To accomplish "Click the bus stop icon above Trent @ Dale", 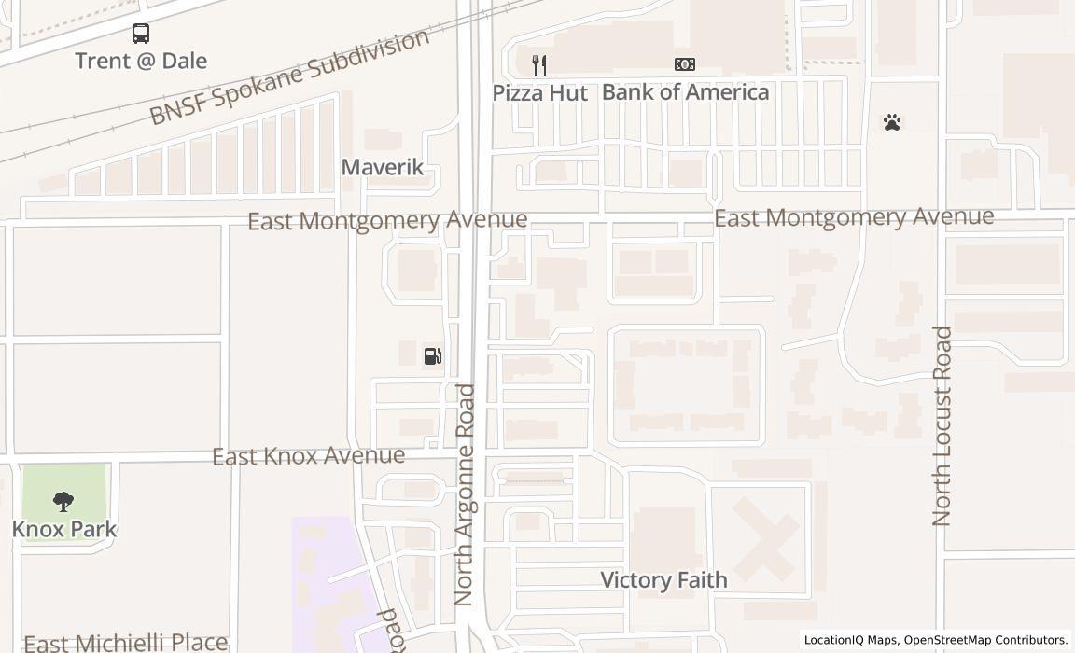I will [x=141, y=35].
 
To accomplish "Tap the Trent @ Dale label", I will [x=141, y=62].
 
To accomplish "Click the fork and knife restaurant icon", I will [x=538, y=64].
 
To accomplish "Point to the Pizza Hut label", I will [x=540, y=93].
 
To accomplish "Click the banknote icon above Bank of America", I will [x=685, y=64].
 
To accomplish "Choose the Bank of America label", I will [x=686, y=92].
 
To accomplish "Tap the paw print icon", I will [x=892, y=122].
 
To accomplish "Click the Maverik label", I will [x=383, y=168].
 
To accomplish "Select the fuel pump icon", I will [x=432, y=355].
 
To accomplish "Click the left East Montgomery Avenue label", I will [x=387, y=221].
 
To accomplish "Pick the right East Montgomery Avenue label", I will [x=854, y=217].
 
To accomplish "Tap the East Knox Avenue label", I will [x=308, y=456].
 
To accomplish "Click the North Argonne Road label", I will [x=465, y=494].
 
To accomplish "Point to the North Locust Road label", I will [x=942, y=425].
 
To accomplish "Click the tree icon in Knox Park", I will [x=63, y=503].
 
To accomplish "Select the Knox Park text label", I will [x=64, y=530].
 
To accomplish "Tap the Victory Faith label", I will [x=663, y=580].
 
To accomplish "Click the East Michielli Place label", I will [x=125, y=643].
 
